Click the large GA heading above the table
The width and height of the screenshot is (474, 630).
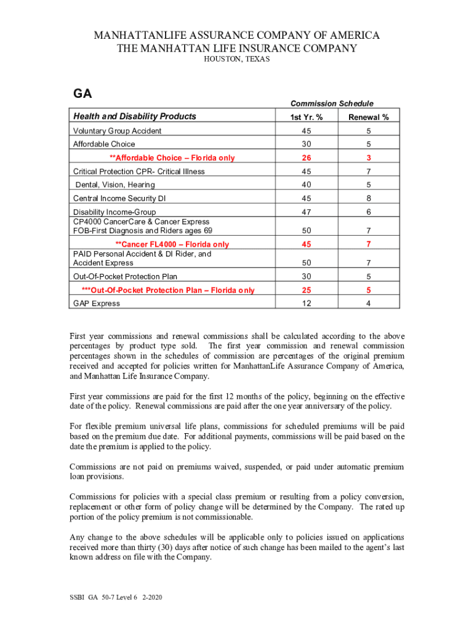click(82, 94)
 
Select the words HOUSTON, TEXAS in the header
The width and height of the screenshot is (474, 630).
click(236, 59)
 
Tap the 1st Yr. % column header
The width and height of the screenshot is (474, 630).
click(306, 118)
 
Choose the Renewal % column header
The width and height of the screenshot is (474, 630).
click(368, 118)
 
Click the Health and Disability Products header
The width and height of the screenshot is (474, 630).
click(135, 116)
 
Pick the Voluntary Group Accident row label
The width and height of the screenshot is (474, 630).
click(117, 131)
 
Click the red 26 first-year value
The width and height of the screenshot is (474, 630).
click(306, 158)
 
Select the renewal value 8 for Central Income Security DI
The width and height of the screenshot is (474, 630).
click(368, 198)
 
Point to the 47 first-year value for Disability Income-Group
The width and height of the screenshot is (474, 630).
click(306, 212)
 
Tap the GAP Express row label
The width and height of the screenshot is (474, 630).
click(97, 303)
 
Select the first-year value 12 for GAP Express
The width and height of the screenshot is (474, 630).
click(306, 303)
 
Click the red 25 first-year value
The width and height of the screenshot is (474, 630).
click(306, 290)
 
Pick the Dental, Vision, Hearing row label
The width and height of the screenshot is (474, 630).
click(115, 185)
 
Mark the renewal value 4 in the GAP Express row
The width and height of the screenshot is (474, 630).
click(368, 303)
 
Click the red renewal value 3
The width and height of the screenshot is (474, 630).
click(368, 158)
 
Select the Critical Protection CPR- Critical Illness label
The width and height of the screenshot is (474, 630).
click(139, 171)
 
